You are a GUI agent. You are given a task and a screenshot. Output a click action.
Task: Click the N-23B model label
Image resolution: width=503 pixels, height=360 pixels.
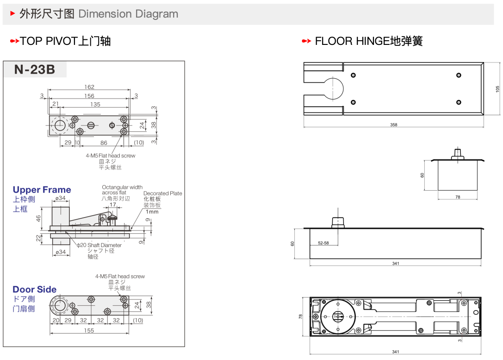tap(35, 69)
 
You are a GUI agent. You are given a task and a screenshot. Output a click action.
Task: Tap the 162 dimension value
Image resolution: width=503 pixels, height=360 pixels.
tap(89, 87)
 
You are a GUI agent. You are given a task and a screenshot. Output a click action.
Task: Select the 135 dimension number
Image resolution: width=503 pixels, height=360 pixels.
tap(95, 105)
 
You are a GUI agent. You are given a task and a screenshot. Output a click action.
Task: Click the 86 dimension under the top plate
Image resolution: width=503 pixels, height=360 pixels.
tap(104, 143)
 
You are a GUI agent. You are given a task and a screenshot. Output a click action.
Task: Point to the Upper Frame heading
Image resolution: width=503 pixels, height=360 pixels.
tap(42, 190)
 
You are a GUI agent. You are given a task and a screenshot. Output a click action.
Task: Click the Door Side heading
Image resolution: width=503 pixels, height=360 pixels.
tap(35, 289)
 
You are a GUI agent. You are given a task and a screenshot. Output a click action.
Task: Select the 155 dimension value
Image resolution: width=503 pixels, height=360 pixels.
tap(89, 330)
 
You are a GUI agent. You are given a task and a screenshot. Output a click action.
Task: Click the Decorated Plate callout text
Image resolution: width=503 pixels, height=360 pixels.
tap(163, 193)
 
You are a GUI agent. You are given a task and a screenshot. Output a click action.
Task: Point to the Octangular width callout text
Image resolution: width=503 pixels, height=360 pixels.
tap(122, 187)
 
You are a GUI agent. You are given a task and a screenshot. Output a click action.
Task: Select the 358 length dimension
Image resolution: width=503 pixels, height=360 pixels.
tap(393, 125)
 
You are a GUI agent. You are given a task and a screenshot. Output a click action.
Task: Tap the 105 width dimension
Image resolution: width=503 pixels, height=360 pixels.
tap(498, 89)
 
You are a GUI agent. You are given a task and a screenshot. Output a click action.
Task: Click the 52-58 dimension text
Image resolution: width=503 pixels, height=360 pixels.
tap(323, 243)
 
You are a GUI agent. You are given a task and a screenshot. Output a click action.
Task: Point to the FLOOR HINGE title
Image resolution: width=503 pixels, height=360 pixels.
tap(368, 41)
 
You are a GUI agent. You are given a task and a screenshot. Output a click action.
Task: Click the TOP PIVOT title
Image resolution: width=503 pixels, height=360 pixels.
tap(65, 41)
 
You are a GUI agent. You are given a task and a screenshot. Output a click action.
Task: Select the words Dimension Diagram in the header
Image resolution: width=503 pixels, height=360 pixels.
tap(128, 14)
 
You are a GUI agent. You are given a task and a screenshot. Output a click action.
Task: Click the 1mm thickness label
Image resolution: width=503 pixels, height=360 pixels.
tap(152, 212)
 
